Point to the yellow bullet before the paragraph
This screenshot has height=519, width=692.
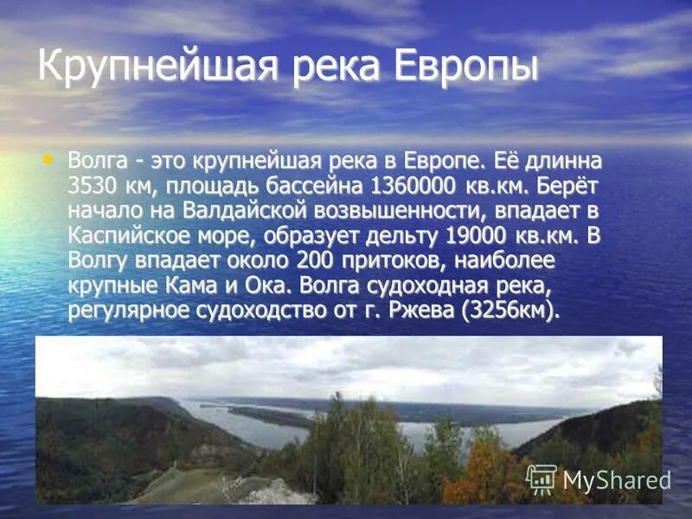(x=48, y=158)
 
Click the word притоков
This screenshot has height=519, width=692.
(x=394, y=260)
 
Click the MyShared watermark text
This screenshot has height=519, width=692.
(x=616, y=479)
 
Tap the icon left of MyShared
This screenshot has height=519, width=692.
(x=541, y=478)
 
